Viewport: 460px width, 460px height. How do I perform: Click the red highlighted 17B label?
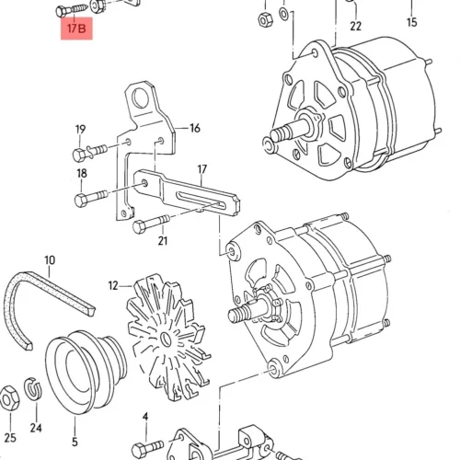76,29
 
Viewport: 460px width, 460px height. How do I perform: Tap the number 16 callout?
195,128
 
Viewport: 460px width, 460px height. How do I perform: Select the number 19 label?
80,130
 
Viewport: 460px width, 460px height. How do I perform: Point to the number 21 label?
163,241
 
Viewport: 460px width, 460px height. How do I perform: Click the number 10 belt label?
50,260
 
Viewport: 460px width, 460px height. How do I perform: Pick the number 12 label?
113,286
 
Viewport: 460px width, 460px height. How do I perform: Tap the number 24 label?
36,428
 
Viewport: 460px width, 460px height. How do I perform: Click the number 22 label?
356,27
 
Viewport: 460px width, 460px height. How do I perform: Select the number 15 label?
412,22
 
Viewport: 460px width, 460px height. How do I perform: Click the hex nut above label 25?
8,398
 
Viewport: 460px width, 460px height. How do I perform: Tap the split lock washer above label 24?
33,389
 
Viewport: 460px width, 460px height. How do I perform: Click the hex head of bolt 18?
82,201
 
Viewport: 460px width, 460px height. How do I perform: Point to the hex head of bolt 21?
140,227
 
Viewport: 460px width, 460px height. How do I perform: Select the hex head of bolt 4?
139,450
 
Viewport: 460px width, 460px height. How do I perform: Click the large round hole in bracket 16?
140,98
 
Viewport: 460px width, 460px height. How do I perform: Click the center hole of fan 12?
167,339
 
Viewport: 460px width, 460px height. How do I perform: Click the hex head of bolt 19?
80,155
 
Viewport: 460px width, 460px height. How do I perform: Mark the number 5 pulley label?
75,442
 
